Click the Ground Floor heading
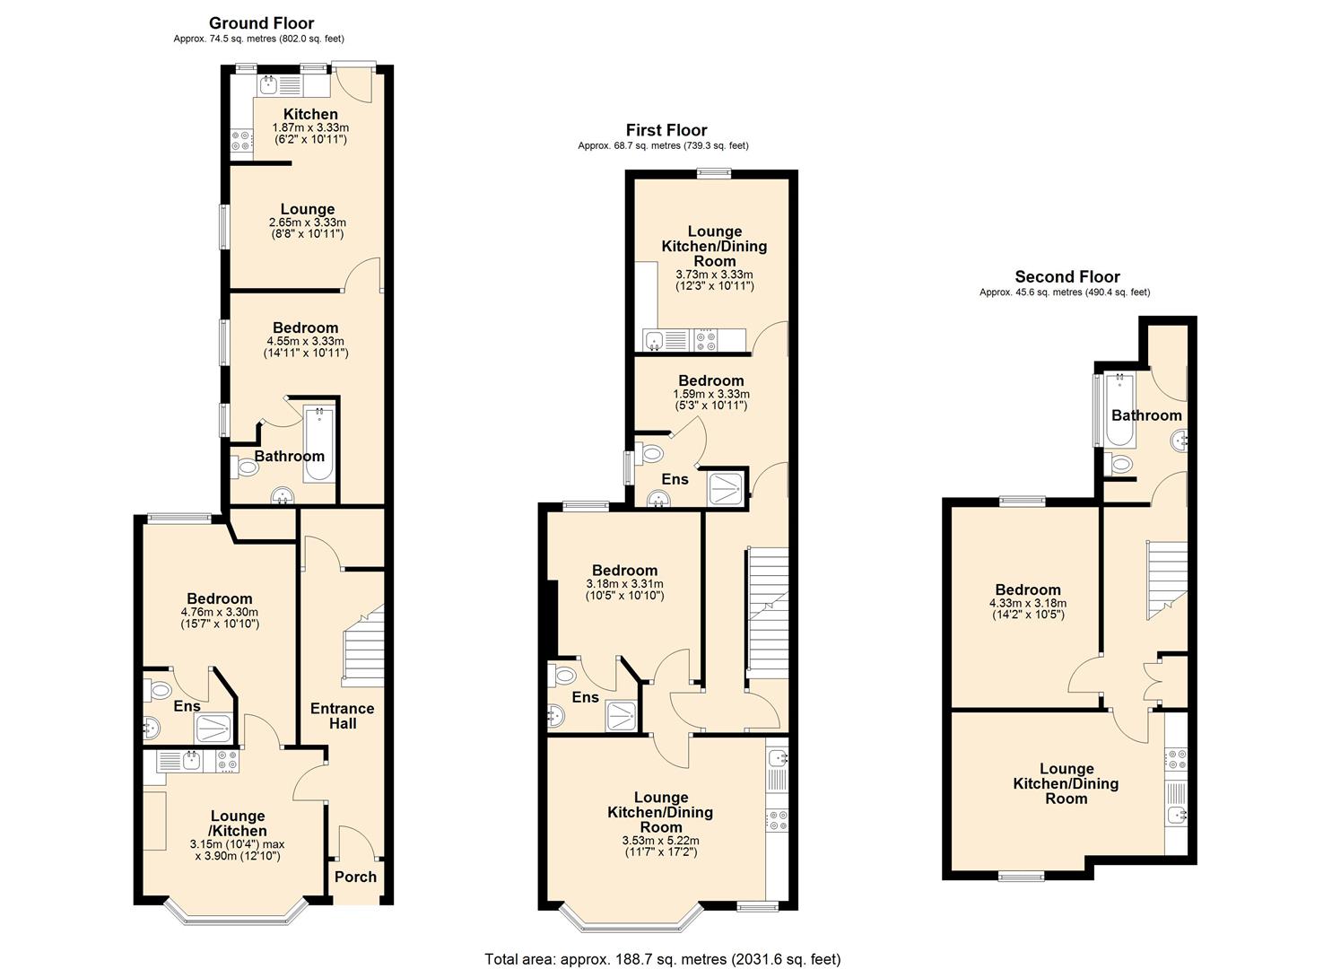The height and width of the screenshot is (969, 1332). click(261, 23)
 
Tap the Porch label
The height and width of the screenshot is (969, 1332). click(355, 877)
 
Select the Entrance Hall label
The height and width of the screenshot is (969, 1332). click(342, 715)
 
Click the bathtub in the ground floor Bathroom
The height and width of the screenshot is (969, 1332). click(319, 444)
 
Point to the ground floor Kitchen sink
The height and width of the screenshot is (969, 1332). click(269, 86)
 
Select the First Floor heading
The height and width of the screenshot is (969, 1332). click(666, 130)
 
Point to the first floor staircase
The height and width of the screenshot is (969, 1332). click(767, 619)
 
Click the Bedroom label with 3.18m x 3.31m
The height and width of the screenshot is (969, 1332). click(624, 571)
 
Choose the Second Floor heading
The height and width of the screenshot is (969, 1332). click(1066, 276)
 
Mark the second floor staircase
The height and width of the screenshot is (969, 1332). click(1166, 579)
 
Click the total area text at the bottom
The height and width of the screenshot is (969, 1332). click(663, 959)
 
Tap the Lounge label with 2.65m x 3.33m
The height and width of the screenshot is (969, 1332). click(307, 209)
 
